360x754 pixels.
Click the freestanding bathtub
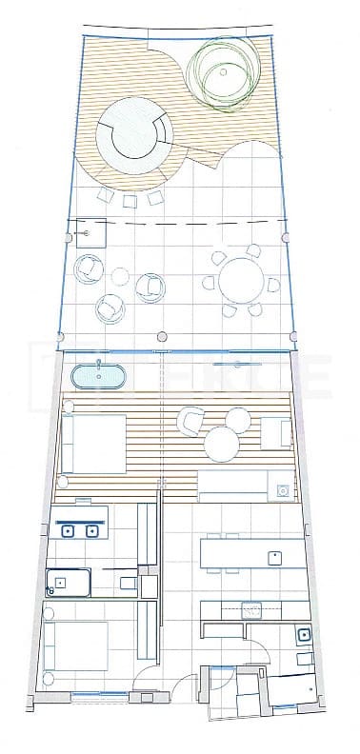100,375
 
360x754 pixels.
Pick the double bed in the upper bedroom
92,442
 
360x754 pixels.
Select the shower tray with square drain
68,581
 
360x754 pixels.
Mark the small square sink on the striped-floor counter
283,490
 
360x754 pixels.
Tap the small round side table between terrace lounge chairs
120,277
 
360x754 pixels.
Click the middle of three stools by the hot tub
130,199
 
